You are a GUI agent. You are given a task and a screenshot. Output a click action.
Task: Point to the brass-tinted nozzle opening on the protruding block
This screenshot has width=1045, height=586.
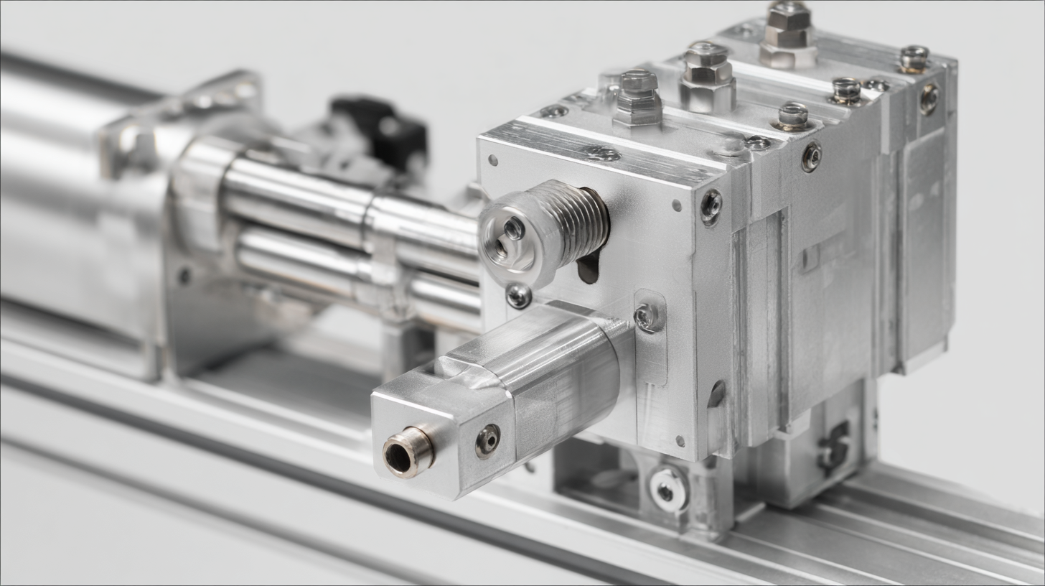pos(407,452)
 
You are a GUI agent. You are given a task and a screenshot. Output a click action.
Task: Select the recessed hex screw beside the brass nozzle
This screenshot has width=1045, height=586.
pos(488,439)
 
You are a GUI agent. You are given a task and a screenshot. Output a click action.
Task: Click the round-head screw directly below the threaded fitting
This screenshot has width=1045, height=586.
pos(518,295)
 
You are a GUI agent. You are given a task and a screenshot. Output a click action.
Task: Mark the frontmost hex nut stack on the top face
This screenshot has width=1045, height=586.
pos(638,96)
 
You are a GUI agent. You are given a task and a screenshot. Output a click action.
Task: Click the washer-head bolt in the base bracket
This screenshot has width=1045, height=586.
pos(667,490)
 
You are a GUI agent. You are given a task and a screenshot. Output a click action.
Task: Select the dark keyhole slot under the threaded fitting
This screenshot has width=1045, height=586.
pos(588,266)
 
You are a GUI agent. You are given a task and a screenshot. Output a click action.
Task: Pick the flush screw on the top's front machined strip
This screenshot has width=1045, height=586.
pos(601,153)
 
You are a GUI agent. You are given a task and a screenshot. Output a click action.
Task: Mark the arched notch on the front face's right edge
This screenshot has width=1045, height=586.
pos(716,394)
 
